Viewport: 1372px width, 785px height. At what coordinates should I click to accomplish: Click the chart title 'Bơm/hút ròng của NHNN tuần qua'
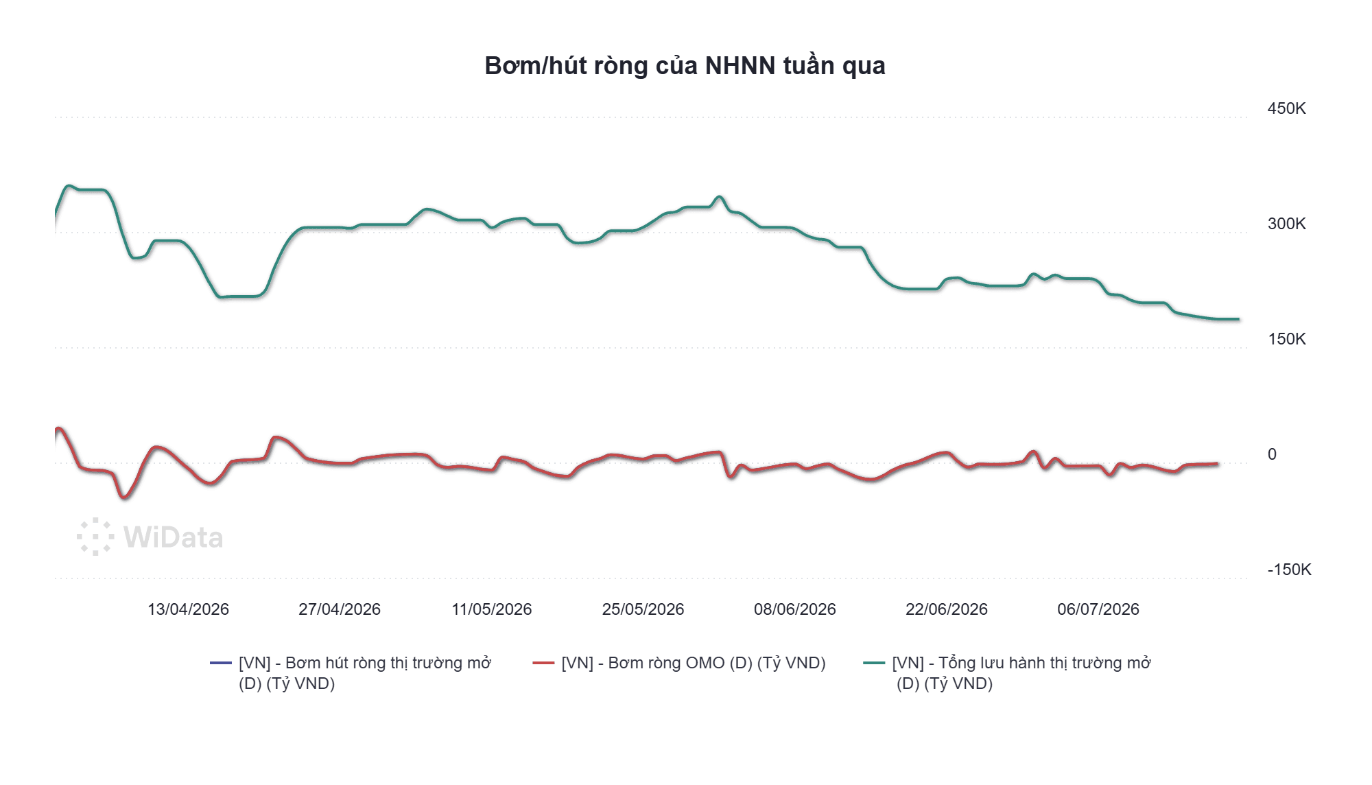(x=685, y=66)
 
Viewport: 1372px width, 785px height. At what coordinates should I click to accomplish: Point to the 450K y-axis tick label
(x=1286, y=108)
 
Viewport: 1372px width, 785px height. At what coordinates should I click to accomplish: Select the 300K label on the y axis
(x=1286, y=224)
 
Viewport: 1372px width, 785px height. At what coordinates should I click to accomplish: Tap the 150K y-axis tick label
(x=1286, y=339)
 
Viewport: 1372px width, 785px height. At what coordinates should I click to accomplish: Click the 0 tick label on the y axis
(x=1272, y=454)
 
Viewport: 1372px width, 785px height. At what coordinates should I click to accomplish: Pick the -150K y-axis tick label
(x=1289, y=570)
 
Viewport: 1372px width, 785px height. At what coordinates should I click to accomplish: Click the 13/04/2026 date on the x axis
(x=188, y=609)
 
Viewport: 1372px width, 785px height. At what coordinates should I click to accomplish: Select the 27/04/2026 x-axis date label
(x=340, y=609)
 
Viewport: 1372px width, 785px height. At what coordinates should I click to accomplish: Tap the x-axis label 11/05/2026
(x=492, y=609)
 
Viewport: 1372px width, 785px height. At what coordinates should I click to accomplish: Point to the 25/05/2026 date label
(x=643, y=609)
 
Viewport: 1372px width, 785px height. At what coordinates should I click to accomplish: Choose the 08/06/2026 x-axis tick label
(x=795, y=609)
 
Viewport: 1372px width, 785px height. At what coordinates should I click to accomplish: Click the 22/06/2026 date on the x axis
(x=947, y=609)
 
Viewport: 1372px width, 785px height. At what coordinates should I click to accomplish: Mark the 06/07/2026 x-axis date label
(x=1098, y=609)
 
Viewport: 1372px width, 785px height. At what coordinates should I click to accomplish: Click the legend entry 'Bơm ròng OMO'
(x=693, y=663)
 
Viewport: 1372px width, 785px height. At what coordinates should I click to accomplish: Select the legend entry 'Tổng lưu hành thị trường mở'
(x=1021, y=673)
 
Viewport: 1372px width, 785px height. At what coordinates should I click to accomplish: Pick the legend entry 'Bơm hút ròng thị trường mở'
(x=365, y=673)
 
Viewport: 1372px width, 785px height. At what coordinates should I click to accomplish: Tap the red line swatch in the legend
(x=543, y=663)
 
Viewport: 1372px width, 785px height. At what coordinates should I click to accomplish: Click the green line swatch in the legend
(x=874, y=663)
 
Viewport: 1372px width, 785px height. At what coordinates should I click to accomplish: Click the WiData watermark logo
(x=150, y=537)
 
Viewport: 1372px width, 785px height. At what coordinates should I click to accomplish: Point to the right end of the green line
(x=1239, y=319)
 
